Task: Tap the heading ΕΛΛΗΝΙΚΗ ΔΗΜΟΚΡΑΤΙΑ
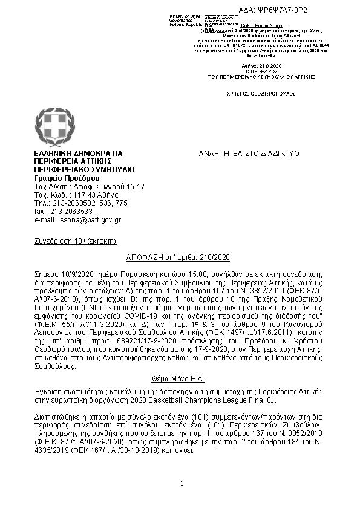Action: [x=78, y=154]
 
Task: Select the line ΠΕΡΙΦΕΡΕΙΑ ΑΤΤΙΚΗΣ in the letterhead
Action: [x=73, y=162]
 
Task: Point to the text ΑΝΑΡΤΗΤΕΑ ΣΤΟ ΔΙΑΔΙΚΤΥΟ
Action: [x=249, y=154]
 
